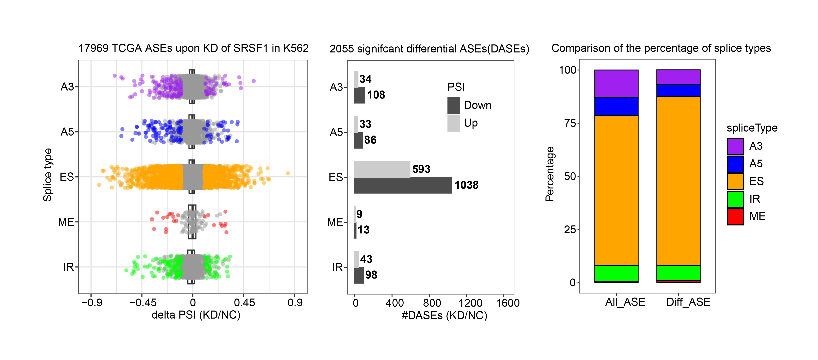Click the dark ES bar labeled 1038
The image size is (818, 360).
click(403, 185)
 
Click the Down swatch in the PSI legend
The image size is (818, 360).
click(453, 105)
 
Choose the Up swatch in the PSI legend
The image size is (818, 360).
click(453, 123)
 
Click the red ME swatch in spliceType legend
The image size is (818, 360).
click(735, 217)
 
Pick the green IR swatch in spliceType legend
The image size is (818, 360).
click(735, 199)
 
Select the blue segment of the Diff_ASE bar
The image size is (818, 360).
click(678, 91)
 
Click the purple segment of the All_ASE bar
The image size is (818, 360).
click(616, 83)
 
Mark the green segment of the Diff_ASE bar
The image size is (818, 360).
click(678, 273)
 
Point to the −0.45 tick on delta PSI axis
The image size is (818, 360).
click(143, 303)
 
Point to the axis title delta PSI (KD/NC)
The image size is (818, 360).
click(196, 315)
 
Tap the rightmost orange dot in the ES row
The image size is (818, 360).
click(287, 173)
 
